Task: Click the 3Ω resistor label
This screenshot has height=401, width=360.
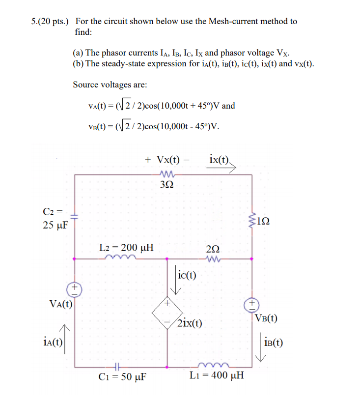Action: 166,185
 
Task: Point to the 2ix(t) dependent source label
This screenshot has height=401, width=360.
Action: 190,323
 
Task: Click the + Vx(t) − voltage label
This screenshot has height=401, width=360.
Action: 167,160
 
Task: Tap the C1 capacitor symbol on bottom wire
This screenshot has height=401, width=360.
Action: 116,366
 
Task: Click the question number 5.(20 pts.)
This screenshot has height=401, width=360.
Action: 48,22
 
